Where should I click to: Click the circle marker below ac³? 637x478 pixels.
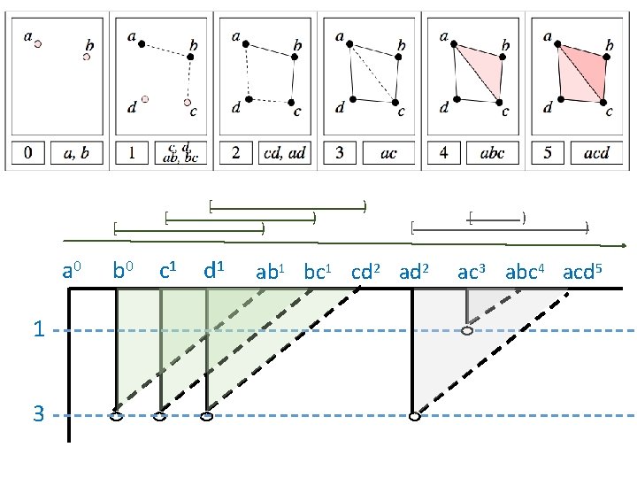(467, 331)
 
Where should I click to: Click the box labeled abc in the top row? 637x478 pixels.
(492, 153)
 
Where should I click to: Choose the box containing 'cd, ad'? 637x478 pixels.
(285, 153)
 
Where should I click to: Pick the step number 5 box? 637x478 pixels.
(549, 153)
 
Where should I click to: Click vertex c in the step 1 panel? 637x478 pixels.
(188, 101)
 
